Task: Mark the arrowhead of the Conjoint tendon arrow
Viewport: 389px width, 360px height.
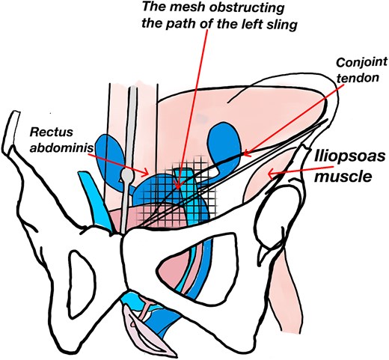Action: pyautogui.click(x=241, y=155)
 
